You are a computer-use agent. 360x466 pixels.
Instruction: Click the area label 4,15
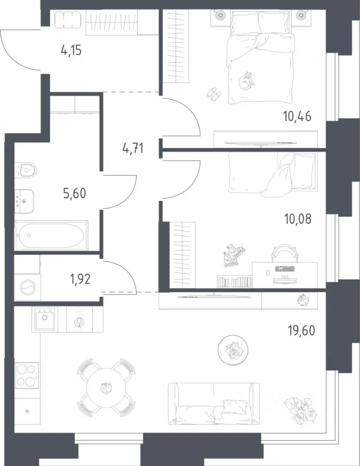pyautogui.click(x=71, y=50)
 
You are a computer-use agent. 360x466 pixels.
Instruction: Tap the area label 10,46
pyautogui.click(x=297, y=116)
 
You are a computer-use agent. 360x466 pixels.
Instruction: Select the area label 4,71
pyautogui.click(x=133, y=148)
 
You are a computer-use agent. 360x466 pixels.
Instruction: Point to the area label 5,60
pyautogui.click(x=75, y=193)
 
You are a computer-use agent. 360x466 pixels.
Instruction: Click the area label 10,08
pyautogui.click(x=298, y=219)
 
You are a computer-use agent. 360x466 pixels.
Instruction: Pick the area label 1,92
pyautogui.click(x=80, y=280)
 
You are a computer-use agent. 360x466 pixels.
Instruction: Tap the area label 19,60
pyautogui.click(x=301, y=330)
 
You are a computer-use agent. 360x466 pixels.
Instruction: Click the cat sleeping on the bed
pyautogui.click(x=247, y=81)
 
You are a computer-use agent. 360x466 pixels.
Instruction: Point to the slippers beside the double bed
pyautogui.click(x=213, y=94)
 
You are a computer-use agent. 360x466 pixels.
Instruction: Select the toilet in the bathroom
pyautogui.click(x=26, y=170)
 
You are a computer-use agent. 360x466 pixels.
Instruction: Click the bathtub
pyautogui.click(x=51, y=235)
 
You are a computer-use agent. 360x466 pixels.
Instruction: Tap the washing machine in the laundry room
pyautogui.click(x=28, y=287)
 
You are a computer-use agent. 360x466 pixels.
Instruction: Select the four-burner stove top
pyautogui.click(x=27, y=375)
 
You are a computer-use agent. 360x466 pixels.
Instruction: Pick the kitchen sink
pyautogui.click(x=45, y=319)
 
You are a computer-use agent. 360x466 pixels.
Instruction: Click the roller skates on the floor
pyautogui.click(x=234, y=256)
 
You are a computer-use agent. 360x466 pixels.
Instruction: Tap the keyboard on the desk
pyautogui.click(x=285, y=269)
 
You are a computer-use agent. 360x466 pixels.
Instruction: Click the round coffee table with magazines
pyautogui.click(x=232, y=350)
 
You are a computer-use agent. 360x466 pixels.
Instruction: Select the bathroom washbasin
pyautogui.click(x=24, y=201)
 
